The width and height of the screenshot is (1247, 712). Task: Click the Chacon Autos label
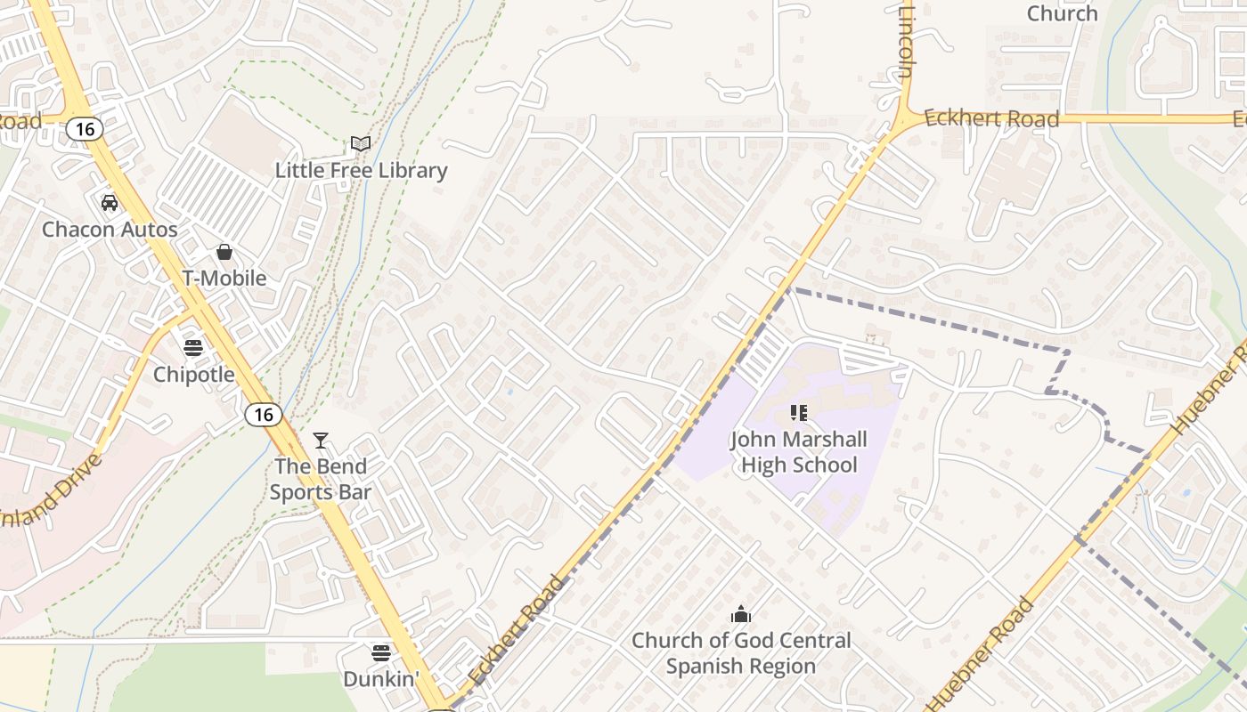[x=110, y=230]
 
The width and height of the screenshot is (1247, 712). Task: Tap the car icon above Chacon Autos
[x=110, y=203]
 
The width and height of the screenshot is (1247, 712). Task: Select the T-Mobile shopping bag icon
[x=224, y=253]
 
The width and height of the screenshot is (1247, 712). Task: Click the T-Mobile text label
[x=224, y=279]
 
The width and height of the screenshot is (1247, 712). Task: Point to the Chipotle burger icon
[x=193, y=348]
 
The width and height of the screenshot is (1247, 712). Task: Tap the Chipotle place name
[x=194, y=375]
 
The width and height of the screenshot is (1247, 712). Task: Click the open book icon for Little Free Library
[x=361, y=144]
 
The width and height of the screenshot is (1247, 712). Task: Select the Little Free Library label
[x=361, y=170]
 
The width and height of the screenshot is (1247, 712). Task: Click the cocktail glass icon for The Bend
[x=321, y=441]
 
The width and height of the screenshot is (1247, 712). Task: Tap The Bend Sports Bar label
[x=320, y=479]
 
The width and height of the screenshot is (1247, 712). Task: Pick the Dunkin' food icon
[x=381, y=653]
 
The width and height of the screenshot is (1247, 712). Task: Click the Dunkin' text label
[x=381, y=679]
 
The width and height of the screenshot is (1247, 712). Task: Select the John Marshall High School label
[x=799, y=452]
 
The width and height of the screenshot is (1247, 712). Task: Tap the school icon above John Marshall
[x=799, y=413]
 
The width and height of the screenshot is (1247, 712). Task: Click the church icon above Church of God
[x=740, y=614]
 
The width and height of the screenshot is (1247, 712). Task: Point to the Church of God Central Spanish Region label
[x=741, y=653]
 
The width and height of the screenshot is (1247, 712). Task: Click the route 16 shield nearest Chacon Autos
[x=85, y=130]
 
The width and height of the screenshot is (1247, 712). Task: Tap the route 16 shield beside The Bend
[x=264, y=414]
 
